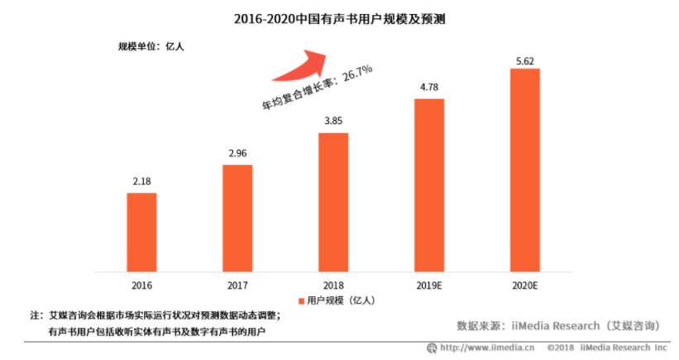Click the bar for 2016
[x=141, y=232]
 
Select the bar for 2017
[x=237, y=218]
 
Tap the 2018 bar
[x=333, y=201]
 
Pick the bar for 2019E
[x=429, y=185]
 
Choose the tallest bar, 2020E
[x=525, y=169]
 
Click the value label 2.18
[x=141, y=180]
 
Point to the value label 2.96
[x=237, y=152]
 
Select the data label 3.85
[x=333, y=120]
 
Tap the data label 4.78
[x=429, y=86]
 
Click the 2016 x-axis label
[x=141, y=284]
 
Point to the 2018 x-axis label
[x=333, y=284]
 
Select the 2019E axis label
[x=429, y=284]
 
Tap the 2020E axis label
[x=525, y=284]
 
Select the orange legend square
[x=300, y=301]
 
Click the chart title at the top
[x=340, y=17]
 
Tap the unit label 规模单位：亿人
[x=151, y=46]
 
